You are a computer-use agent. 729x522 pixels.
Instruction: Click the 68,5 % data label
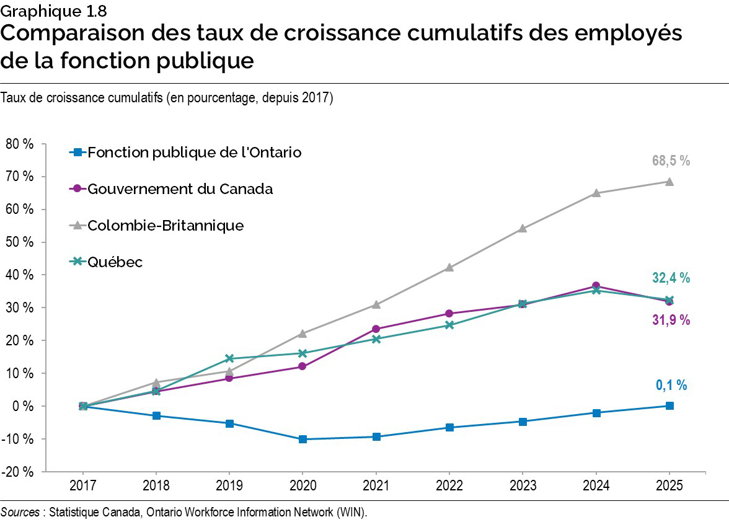coord(671,161)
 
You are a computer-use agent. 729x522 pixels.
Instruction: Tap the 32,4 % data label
coord(671,278)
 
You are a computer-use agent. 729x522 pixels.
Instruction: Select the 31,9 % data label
coord(671,320)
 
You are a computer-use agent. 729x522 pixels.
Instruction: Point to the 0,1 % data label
coord(671,385)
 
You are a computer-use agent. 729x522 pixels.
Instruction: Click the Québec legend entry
coord(115,262)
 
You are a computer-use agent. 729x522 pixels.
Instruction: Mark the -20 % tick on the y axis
coord(20,472)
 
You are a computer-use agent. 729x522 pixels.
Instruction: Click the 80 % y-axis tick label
coord(20,144)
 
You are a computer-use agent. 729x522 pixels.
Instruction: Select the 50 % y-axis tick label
coord(20,242)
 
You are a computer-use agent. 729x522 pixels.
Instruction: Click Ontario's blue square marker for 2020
coord(303,439)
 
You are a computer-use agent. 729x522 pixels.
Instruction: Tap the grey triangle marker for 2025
coord(669,182)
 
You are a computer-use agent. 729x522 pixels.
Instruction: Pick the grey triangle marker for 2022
coord(449,268)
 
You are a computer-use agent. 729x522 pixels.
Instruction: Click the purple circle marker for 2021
coord(376,329)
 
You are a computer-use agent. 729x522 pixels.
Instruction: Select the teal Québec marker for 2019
coord(229,358)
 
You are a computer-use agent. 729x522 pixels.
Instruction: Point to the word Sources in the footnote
coord(20,512)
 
